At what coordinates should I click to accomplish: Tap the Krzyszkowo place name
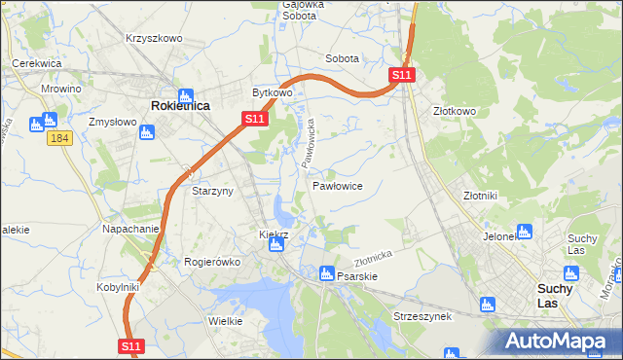154,38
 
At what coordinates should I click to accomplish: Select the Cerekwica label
37,63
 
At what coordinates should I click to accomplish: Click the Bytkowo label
273,93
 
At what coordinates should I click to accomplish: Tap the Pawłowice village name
338,185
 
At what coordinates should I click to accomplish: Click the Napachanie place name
130,229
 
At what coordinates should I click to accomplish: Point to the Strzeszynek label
420,316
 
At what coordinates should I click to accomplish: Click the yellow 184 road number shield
59,140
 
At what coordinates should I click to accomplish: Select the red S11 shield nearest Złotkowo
403,75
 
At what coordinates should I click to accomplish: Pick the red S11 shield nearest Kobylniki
132,345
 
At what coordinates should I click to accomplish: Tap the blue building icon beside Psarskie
327,274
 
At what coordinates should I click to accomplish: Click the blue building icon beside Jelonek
525,232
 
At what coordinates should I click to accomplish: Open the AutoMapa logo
557,341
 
